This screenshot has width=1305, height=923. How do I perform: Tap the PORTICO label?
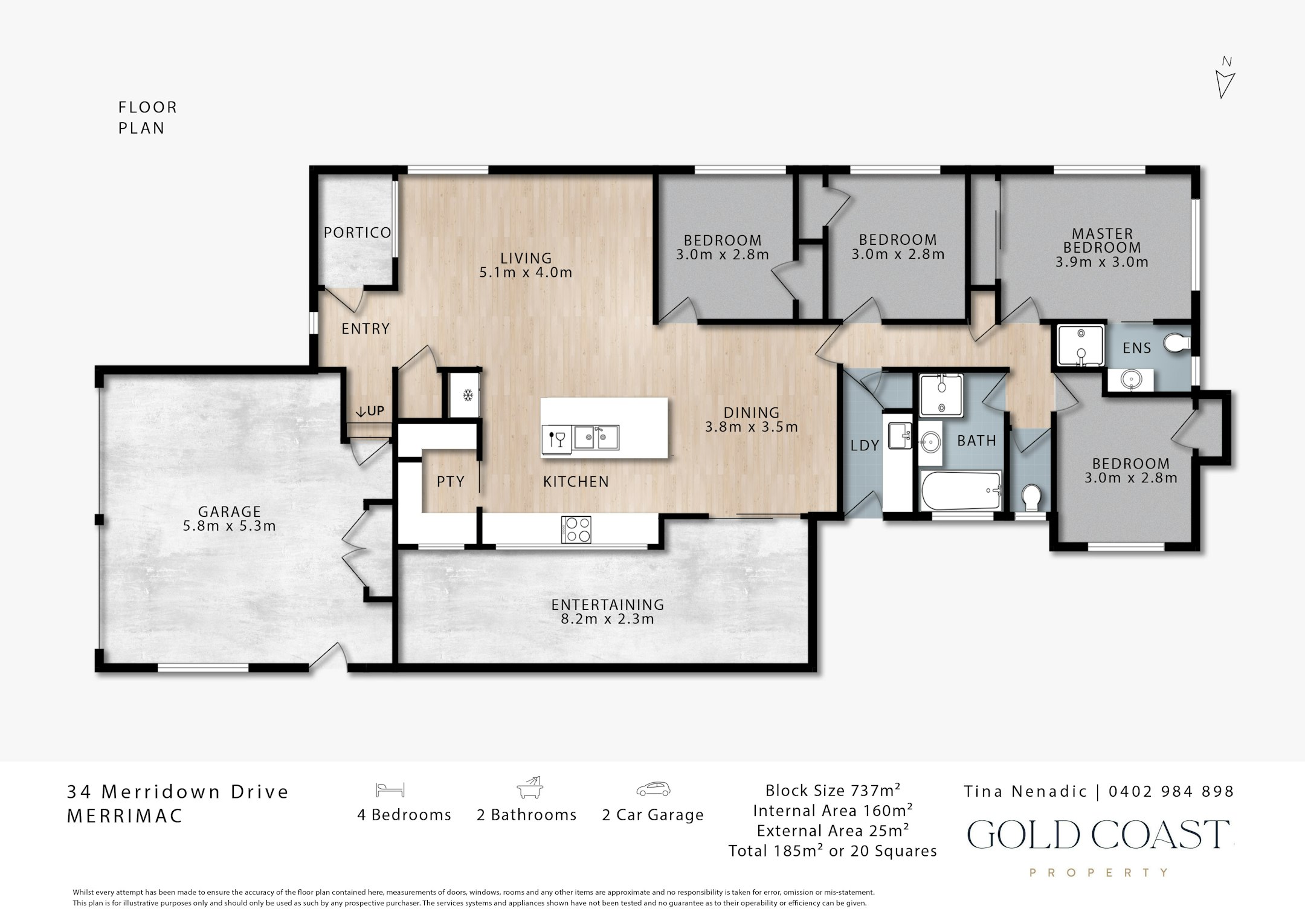click(x=357, y=233)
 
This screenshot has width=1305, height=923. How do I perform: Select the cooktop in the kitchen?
click(x=576, y=530)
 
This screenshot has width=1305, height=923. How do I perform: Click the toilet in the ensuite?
click(x=1178, y=344)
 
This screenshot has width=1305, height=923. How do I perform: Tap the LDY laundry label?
click(x=865, y=445)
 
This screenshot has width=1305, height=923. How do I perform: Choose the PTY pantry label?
click(x=451, y=481)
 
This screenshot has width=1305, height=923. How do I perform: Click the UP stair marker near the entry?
click(x=370, y=412)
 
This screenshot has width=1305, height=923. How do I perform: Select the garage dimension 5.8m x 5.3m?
click(x=230, y=526)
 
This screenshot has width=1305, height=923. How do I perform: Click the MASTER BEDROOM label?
click(x=1102, y=241)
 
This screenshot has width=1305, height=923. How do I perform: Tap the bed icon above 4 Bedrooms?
click(x=390, y=789)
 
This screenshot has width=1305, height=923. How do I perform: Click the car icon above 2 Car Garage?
click(x=653, y=789)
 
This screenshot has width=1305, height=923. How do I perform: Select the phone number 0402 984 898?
click(x=1171, y=791)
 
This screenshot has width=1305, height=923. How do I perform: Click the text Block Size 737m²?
click(x=833, y=790)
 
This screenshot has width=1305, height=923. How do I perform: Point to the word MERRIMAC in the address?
click(x=125, y=816)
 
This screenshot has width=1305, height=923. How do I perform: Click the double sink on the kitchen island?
click(x=596, y=438)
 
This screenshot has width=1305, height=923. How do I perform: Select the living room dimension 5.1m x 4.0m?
click(x=526, y=273)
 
